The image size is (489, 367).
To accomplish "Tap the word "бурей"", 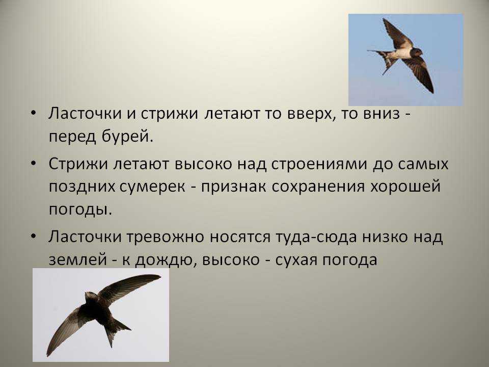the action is click(127, 137).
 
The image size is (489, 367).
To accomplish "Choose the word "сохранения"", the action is click(318, 187).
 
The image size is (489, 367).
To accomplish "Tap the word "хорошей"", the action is click(405, 186).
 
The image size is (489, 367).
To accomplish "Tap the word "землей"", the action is click(77, 260).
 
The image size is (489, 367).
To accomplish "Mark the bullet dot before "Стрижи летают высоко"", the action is click(34, 163).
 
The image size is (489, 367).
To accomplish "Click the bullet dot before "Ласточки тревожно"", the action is click(34, 236).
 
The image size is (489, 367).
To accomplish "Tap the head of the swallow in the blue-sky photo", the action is click(417, 52).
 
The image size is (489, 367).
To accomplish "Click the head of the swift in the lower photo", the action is click(91, 296).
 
